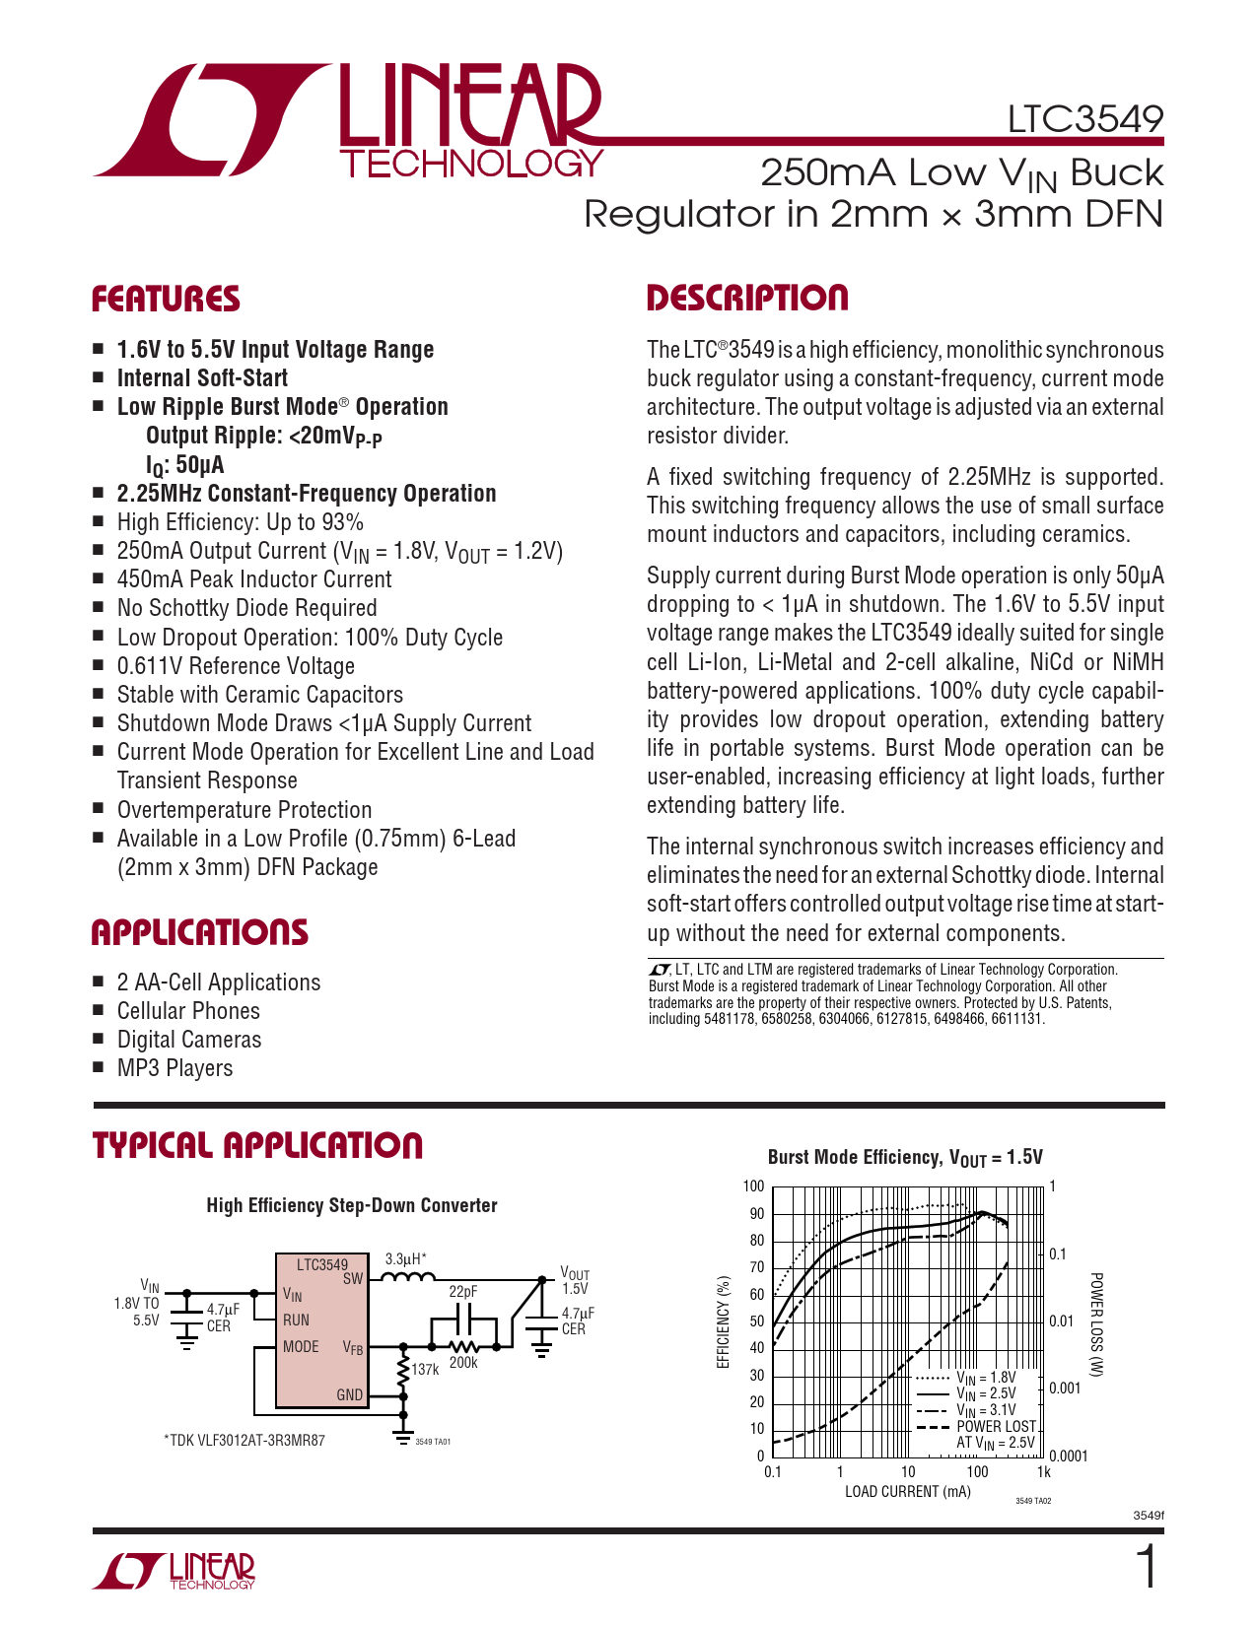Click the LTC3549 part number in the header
(x=1084, y=119)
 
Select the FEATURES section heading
(x=166, y=300)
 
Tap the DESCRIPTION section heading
(x=746, y=299)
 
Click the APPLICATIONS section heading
(x=199, y=932)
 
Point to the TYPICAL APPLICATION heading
(x=257, y=1145)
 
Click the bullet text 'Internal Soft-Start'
(x=202, y=378)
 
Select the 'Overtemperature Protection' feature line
(x=244, y=810)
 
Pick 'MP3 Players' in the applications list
(x=175, y=1068)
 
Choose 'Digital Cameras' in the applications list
(x=189, y=1040)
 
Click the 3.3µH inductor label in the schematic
(x=405, y=1258)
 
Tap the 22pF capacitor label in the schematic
(x=463, y=1291)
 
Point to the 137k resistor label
(x=425, y=1370)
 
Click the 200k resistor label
(x=463, y=1363)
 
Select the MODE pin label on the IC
(x=301, y=1347)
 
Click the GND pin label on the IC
(x=350, y=1395)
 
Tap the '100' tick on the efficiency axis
(x=753, y=1186)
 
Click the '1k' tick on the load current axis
(x=1044, y=1472)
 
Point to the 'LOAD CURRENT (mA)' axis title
(x=907, y=1492)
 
